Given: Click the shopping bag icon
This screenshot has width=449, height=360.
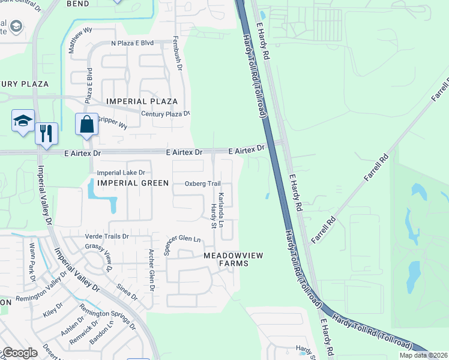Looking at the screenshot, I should click(x=87, y=125).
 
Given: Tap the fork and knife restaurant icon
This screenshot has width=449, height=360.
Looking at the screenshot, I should click(x=46, y=133).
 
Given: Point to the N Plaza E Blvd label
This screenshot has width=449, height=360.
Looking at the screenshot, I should click(x=133, y=43).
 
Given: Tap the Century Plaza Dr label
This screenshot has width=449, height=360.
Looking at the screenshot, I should click(x=165, y=113).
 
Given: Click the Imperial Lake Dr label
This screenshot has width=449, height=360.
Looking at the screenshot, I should click(x=121, y=173).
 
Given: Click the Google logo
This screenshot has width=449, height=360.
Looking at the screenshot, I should click(x=20, y=353).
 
